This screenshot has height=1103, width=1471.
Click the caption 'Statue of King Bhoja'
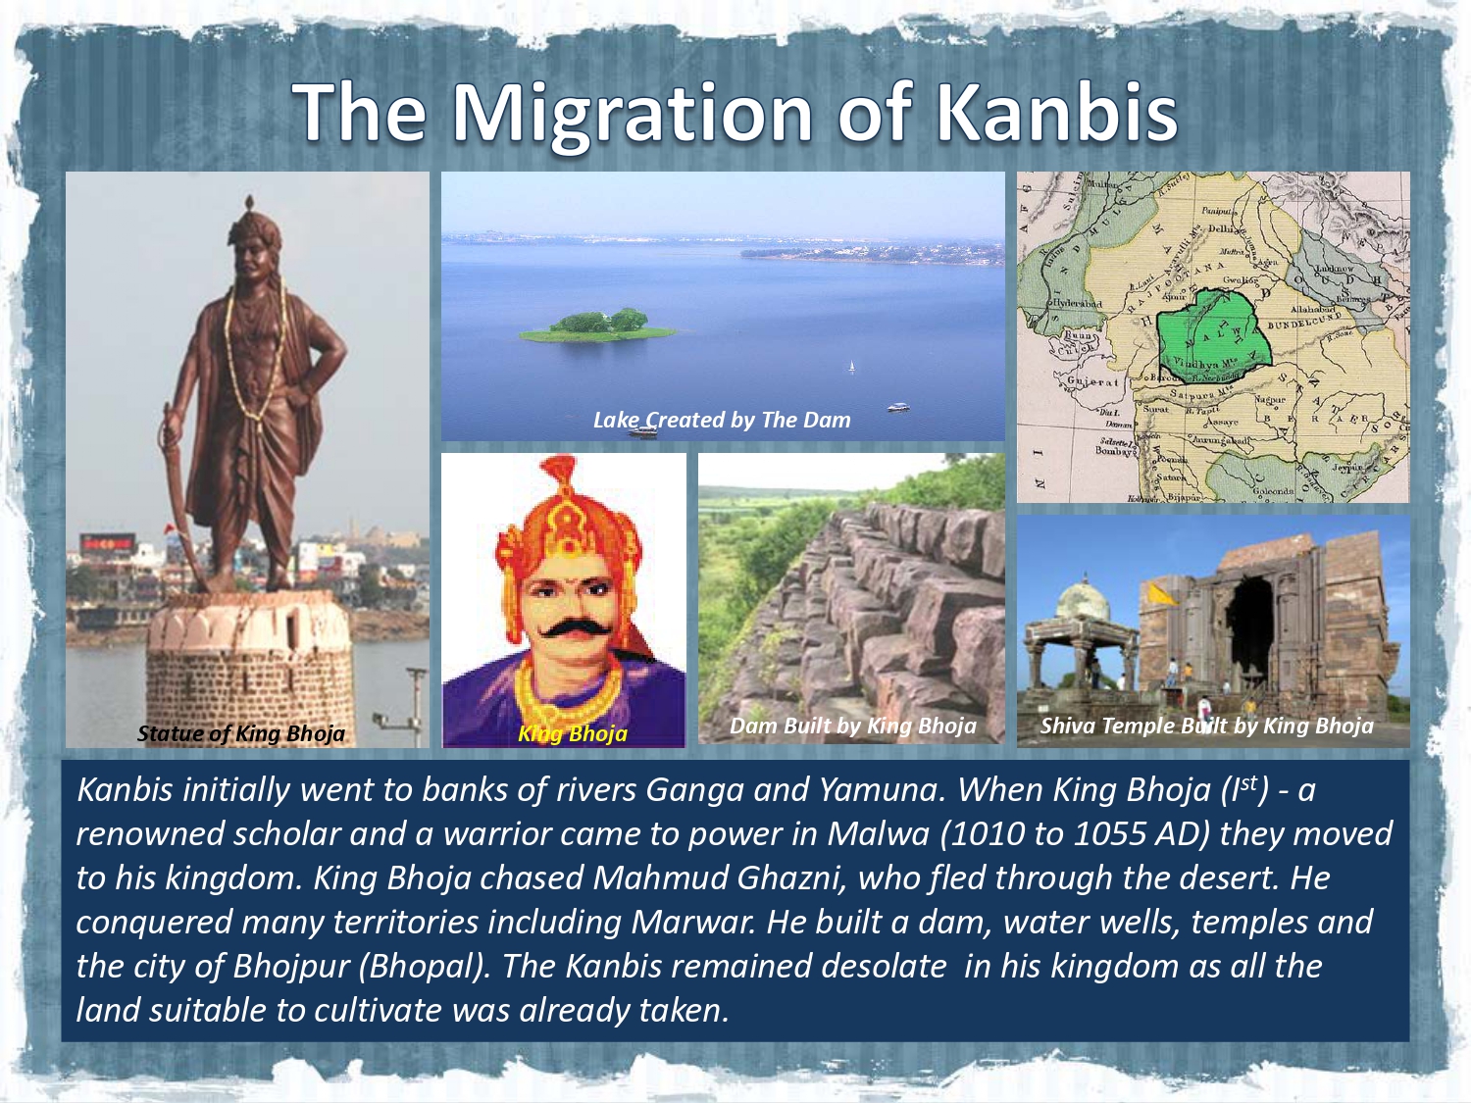click(241, 733)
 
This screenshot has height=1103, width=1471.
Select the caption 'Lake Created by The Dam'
click(722, 420)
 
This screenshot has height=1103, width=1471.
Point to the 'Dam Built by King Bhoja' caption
click(853, 726)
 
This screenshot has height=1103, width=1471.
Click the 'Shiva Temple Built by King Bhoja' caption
click(1206, 726)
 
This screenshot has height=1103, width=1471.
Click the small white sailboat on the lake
click(851, 367)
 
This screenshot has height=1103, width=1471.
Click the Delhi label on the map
click(1222, 228)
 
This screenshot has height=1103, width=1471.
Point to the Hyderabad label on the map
click(1076, 304)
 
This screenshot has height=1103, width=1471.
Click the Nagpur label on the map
click(1270, 400)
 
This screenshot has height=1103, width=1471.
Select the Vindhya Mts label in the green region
click(1194, 364)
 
